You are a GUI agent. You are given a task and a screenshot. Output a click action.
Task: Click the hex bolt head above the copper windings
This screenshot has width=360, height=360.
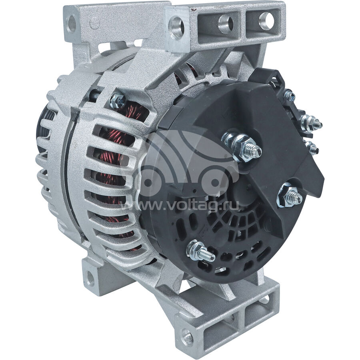click(118, 100)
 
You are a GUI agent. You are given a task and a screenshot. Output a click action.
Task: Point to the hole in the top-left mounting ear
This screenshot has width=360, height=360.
click(72, 24)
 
